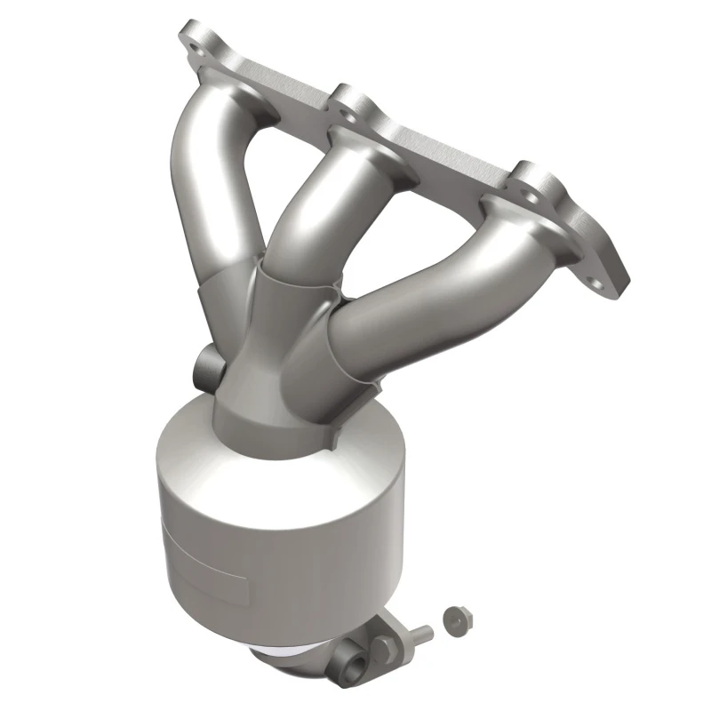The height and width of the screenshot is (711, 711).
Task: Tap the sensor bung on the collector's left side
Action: (206, 365)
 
